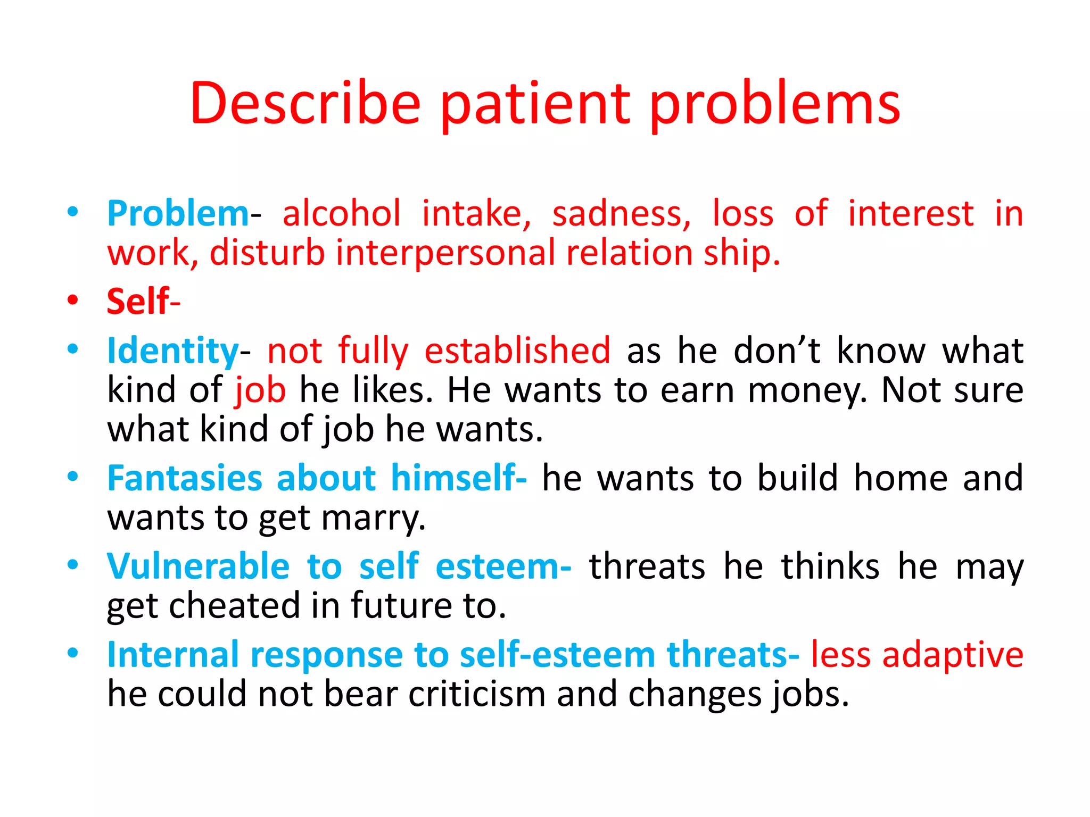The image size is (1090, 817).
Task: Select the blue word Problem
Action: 178,214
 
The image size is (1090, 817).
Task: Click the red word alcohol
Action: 341,214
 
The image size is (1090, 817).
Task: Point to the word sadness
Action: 621,214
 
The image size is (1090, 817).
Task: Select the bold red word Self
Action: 138,302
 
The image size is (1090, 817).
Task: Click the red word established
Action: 517,351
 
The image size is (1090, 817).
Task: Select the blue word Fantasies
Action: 185,478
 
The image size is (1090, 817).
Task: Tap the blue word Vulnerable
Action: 198,566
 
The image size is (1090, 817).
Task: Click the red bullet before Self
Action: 73,300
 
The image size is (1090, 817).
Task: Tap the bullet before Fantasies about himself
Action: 73,477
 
